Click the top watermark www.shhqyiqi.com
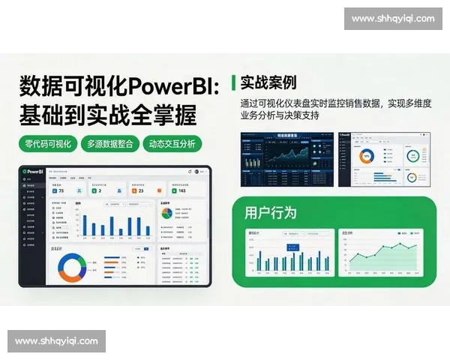click(x=392, y=19)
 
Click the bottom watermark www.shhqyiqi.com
click(x=56, y=341)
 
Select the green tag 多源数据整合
click(x=112, y=144)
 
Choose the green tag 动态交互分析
click(x=172, y=144)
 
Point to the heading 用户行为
click(x=270, y=212)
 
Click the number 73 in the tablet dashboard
click(x=61, y=191)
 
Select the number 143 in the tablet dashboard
click(x=181, y=191)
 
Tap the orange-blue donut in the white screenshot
click(x=367, y=157)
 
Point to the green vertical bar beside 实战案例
click(x=235, y=82)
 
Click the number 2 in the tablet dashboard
click(x=100, y=191)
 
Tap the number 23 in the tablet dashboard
click(x=140, y=191)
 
